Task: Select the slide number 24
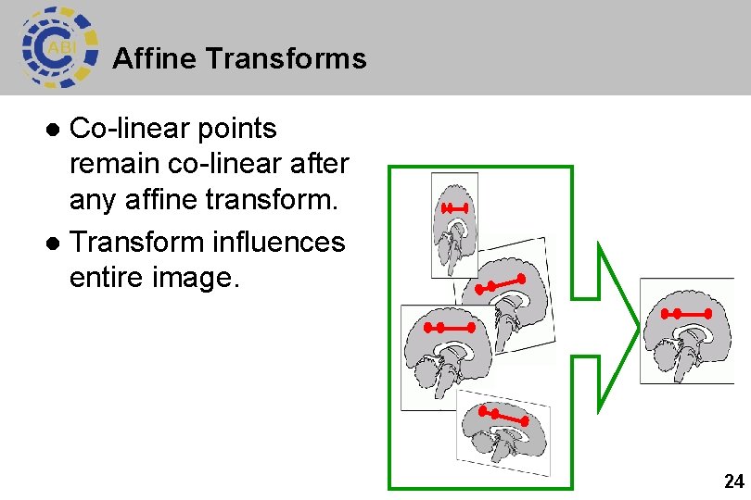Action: [733, 481]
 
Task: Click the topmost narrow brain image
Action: [454, 224]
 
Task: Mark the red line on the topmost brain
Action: [454, 208]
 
